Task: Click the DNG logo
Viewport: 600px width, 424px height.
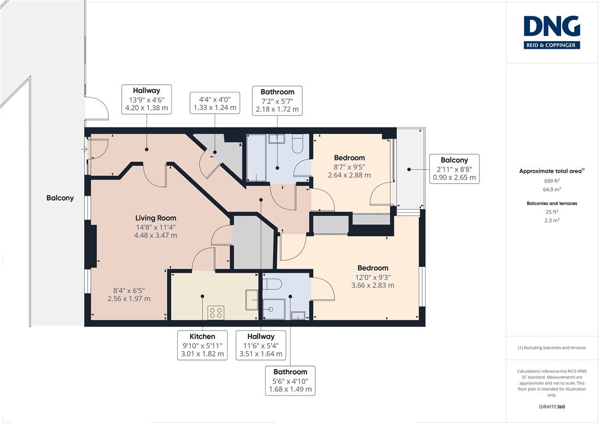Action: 552,32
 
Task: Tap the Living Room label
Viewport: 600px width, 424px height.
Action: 155,218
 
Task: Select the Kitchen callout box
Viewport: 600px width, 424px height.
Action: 203,345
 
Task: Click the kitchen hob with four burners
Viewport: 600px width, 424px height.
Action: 216,313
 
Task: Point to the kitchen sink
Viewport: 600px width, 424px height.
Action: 252,300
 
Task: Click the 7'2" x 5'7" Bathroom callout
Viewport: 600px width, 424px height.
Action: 278,101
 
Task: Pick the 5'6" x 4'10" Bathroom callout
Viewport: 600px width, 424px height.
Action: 291,380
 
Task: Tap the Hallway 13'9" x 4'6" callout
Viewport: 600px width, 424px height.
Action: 147,100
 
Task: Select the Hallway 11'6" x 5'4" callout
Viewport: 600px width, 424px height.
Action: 261,345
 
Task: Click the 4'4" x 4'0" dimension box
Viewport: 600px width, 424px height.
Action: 215,103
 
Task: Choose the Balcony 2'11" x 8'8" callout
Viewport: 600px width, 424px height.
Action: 454,169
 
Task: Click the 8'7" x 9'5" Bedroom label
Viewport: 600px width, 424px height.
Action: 349,166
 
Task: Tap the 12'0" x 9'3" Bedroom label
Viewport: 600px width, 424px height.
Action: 373,276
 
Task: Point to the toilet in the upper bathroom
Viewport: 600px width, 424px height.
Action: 298,143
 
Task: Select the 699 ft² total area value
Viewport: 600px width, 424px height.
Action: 552,181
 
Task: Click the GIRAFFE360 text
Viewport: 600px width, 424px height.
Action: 552,407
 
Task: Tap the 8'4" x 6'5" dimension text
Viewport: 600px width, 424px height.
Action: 129,294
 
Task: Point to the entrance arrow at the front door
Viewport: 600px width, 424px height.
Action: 84,149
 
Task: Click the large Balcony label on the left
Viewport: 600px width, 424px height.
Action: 60,198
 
